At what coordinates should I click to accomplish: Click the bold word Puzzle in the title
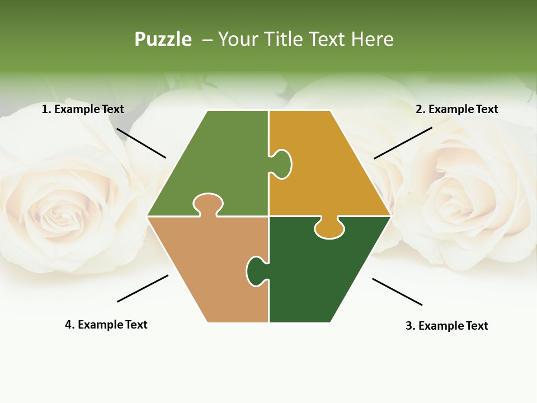tap(163, 40)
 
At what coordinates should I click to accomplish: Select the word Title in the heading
tap(284, 39)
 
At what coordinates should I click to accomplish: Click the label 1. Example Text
tap(83, 109)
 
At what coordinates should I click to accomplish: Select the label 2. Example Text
tap(456, 109)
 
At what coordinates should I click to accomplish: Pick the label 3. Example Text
tap(446, 326)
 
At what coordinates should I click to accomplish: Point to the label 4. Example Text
tap(106, 325)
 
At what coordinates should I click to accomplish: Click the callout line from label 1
tap(141, 143)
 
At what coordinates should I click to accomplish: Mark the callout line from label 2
tap(403, 143)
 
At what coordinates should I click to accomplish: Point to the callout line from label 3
tap(397, 292)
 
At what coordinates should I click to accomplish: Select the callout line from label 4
tap(143, 288)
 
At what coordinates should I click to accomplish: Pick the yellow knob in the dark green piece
tap(329, 228)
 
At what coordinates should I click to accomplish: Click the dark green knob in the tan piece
tap(256, 271)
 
